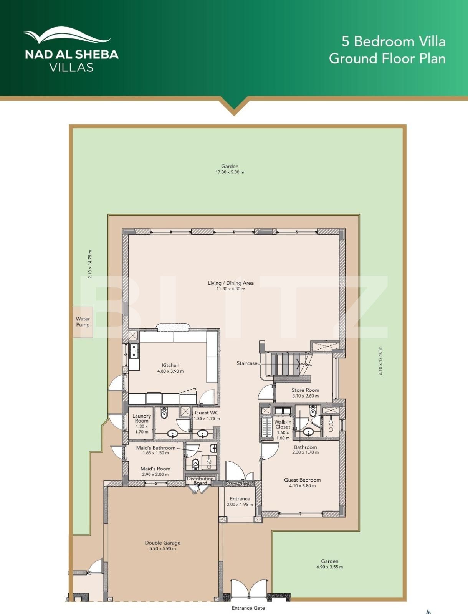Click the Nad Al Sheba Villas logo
tap(71, 50)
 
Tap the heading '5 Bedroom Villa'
tap(393, 41)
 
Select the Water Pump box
tap(83, 322)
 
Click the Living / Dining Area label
tap(231, 283)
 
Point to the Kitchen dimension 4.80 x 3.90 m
tap(170, 371)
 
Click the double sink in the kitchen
tap(134, 351)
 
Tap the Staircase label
tap(246, 363)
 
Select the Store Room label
tap(305, 390)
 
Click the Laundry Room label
tap(141, 418)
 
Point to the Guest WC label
tap(207, 413)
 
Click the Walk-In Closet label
tap(283, 424)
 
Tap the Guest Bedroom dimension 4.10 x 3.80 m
tap(303, 486)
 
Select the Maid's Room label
tap(155, 469)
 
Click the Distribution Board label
tap(200, 480)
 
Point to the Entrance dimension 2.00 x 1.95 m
tap(240, 505)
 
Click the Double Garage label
tap(162, 543)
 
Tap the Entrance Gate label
tap(248, 608)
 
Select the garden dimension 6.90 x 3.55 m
tap(330, 567)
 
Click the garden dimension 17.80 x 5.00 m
tap(230, 172)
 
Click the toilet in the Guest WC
tap(164, 413)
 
